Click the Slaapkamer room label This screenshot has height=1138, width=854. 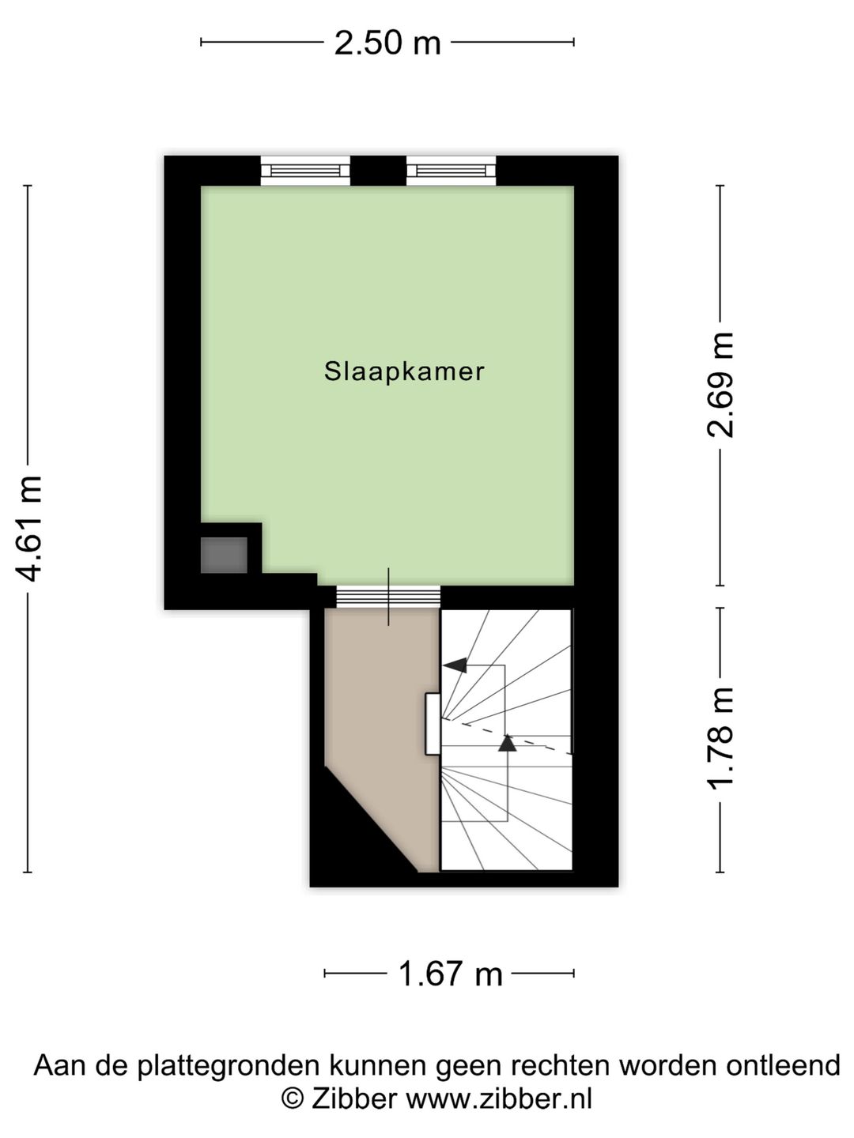pyautogui.click(x=404, y=371)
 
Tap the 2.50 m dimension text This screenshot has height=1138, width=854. pyautogui.click(x=387, y=43)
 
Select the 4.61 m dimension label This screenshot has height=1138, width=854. pyautogui.click(x=29, y=528)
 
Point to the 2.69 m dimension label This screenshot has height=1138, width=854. pyautogui.click(x=720, y=384)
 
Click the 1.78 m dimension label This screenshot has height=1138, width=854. pyautogui.click(x=720, y=738)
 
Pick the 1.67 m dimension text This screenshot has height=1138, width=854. pyautogui.click(x=449, y=974)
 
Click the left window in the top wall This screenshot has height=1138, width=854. pyautogui.click(x=305, y=171)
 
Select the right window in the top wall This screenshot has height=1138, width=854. pyautogui.click(x=451, y=171)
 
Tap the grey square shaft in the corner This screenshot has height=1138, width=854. pyautogui.click(x=224, y=555)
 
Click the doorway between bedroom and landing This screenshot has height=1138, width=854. pyautogui.click(x=387, y=597)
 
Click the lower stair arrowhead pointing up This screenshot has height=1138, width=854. pyautogui.click(x=507, y=742)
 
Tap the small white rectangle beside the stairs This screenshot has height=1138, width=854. pyautogui.click(x=433, y=724)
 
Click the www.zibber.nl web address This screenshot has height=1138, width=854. pyautogui.click(x=498, y=1099)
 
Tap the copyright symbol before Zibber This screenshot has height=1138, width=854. pyautogui.click(x=292, y=1099)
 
